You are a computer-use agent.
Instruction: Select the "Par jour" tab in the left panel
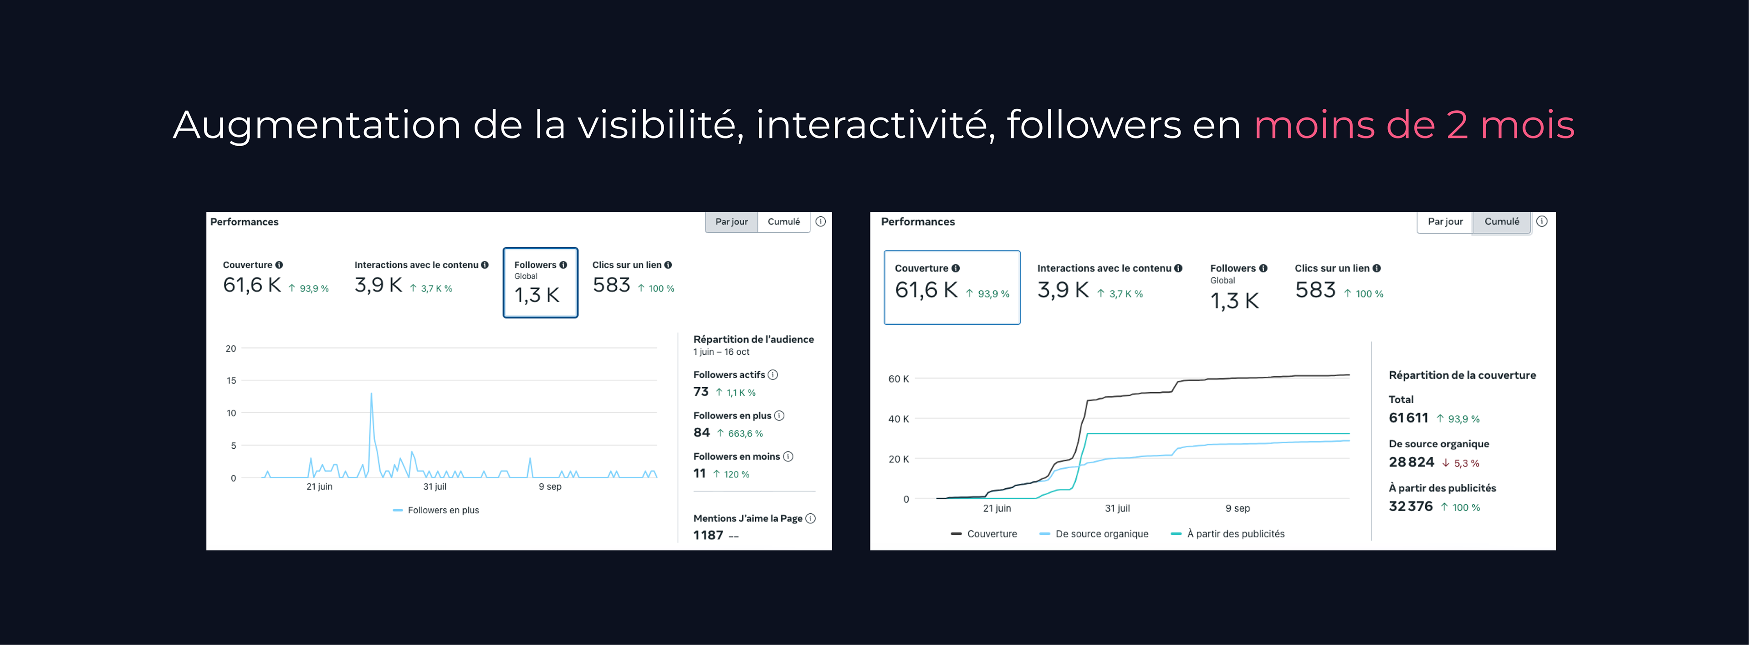(x=731, y=222)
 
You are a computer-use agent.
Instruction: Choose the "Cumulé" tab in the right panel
(x=1501, y=222)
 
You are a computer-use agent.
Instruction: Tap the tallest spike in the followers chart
(x=371, y=394)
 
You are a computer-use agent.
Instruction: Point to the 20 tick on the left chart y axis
(x=231, y=349)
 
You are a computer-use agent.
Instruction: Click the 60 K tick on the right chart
(x=898, y=379)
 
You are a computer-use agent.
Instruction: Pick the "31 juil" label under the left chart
(x=435, y=487)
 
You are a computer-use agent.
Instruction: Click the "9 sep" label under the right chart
(x=1237, y=508)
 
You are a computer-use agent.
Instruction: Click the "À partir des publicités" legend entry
(x=1235, y=534)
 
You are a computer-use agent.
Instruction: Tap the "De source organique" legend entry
(x=1101, y=534)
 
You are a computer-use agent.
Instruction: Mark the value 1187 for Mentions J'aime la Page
(x=708, y=536)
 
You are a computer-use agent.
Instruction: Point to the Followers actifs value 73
(x=701, y=392)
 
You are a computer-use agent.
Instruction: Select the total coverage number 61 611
(x=1408, y=418)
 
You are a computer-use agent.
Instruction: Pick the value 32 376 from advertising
(x=1410, y=507)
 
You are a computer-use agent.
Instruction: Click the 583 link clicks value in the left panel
(x=611, y=285)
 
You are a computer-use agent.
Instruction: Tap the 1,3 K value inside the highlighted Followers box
(x=537, y=295)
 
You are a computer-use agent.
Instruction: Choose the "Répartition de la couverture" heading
(x=1462, y=375)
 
